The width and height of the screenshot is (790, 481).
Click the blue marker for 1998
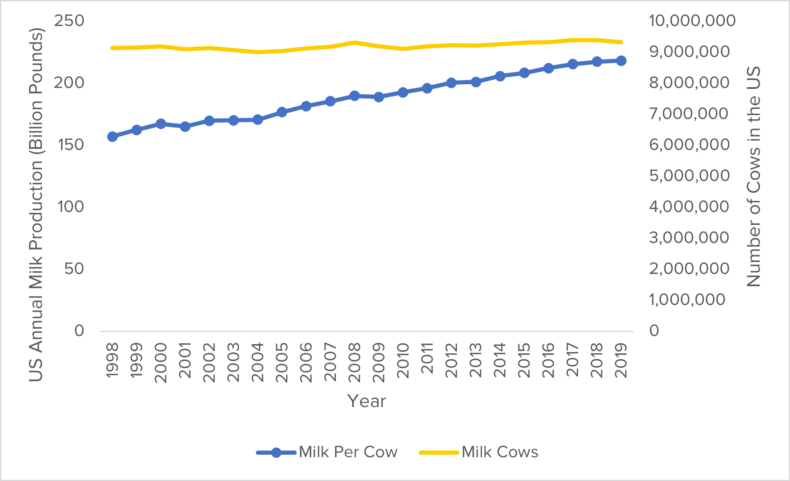[112, 136]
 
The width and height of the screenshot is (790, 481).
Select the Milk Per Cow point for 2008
[354, 96]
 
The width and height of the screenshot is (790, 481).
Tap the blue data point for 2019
[621, 61]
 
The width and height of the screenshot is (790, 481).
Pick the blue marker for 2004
[257, 120]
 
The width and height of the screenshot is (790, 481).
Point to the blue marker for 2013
[476, 82]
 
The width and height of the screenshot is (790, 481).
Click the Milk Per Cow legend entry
[327, 452]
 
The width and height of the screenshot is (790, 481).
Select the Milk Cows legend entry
[479, 452]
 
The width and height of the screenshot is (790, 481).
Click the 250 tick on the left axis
[69, 20]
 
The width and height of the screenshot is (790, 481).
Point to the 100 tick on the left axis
[71, 207]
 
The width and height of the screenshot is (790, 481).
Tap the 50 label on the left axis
[74, 269]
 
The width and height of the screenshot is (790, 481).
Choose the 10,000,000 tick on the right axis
[692, 20]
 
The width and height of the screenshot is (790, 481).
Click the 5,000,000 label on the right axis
[689, 176]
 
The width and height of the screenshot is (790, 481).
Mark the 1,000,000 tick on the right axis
[687, 300]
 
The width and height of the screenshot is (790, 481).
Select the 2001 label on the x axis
[184, 360]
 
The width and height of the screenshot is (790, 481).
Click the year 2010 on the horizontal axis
[403, 360]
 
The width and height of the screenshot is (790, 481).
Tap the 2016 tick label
[548, 360]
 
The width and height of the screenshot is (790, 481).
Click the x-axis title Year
[366, 401]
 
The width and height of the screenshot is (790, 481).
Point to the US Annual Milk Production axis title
[36, 204]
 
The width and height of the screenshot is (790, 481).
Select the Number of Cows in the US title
[754, 177]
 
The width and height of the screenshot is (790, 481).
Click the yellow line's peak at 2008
[354, 43]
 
